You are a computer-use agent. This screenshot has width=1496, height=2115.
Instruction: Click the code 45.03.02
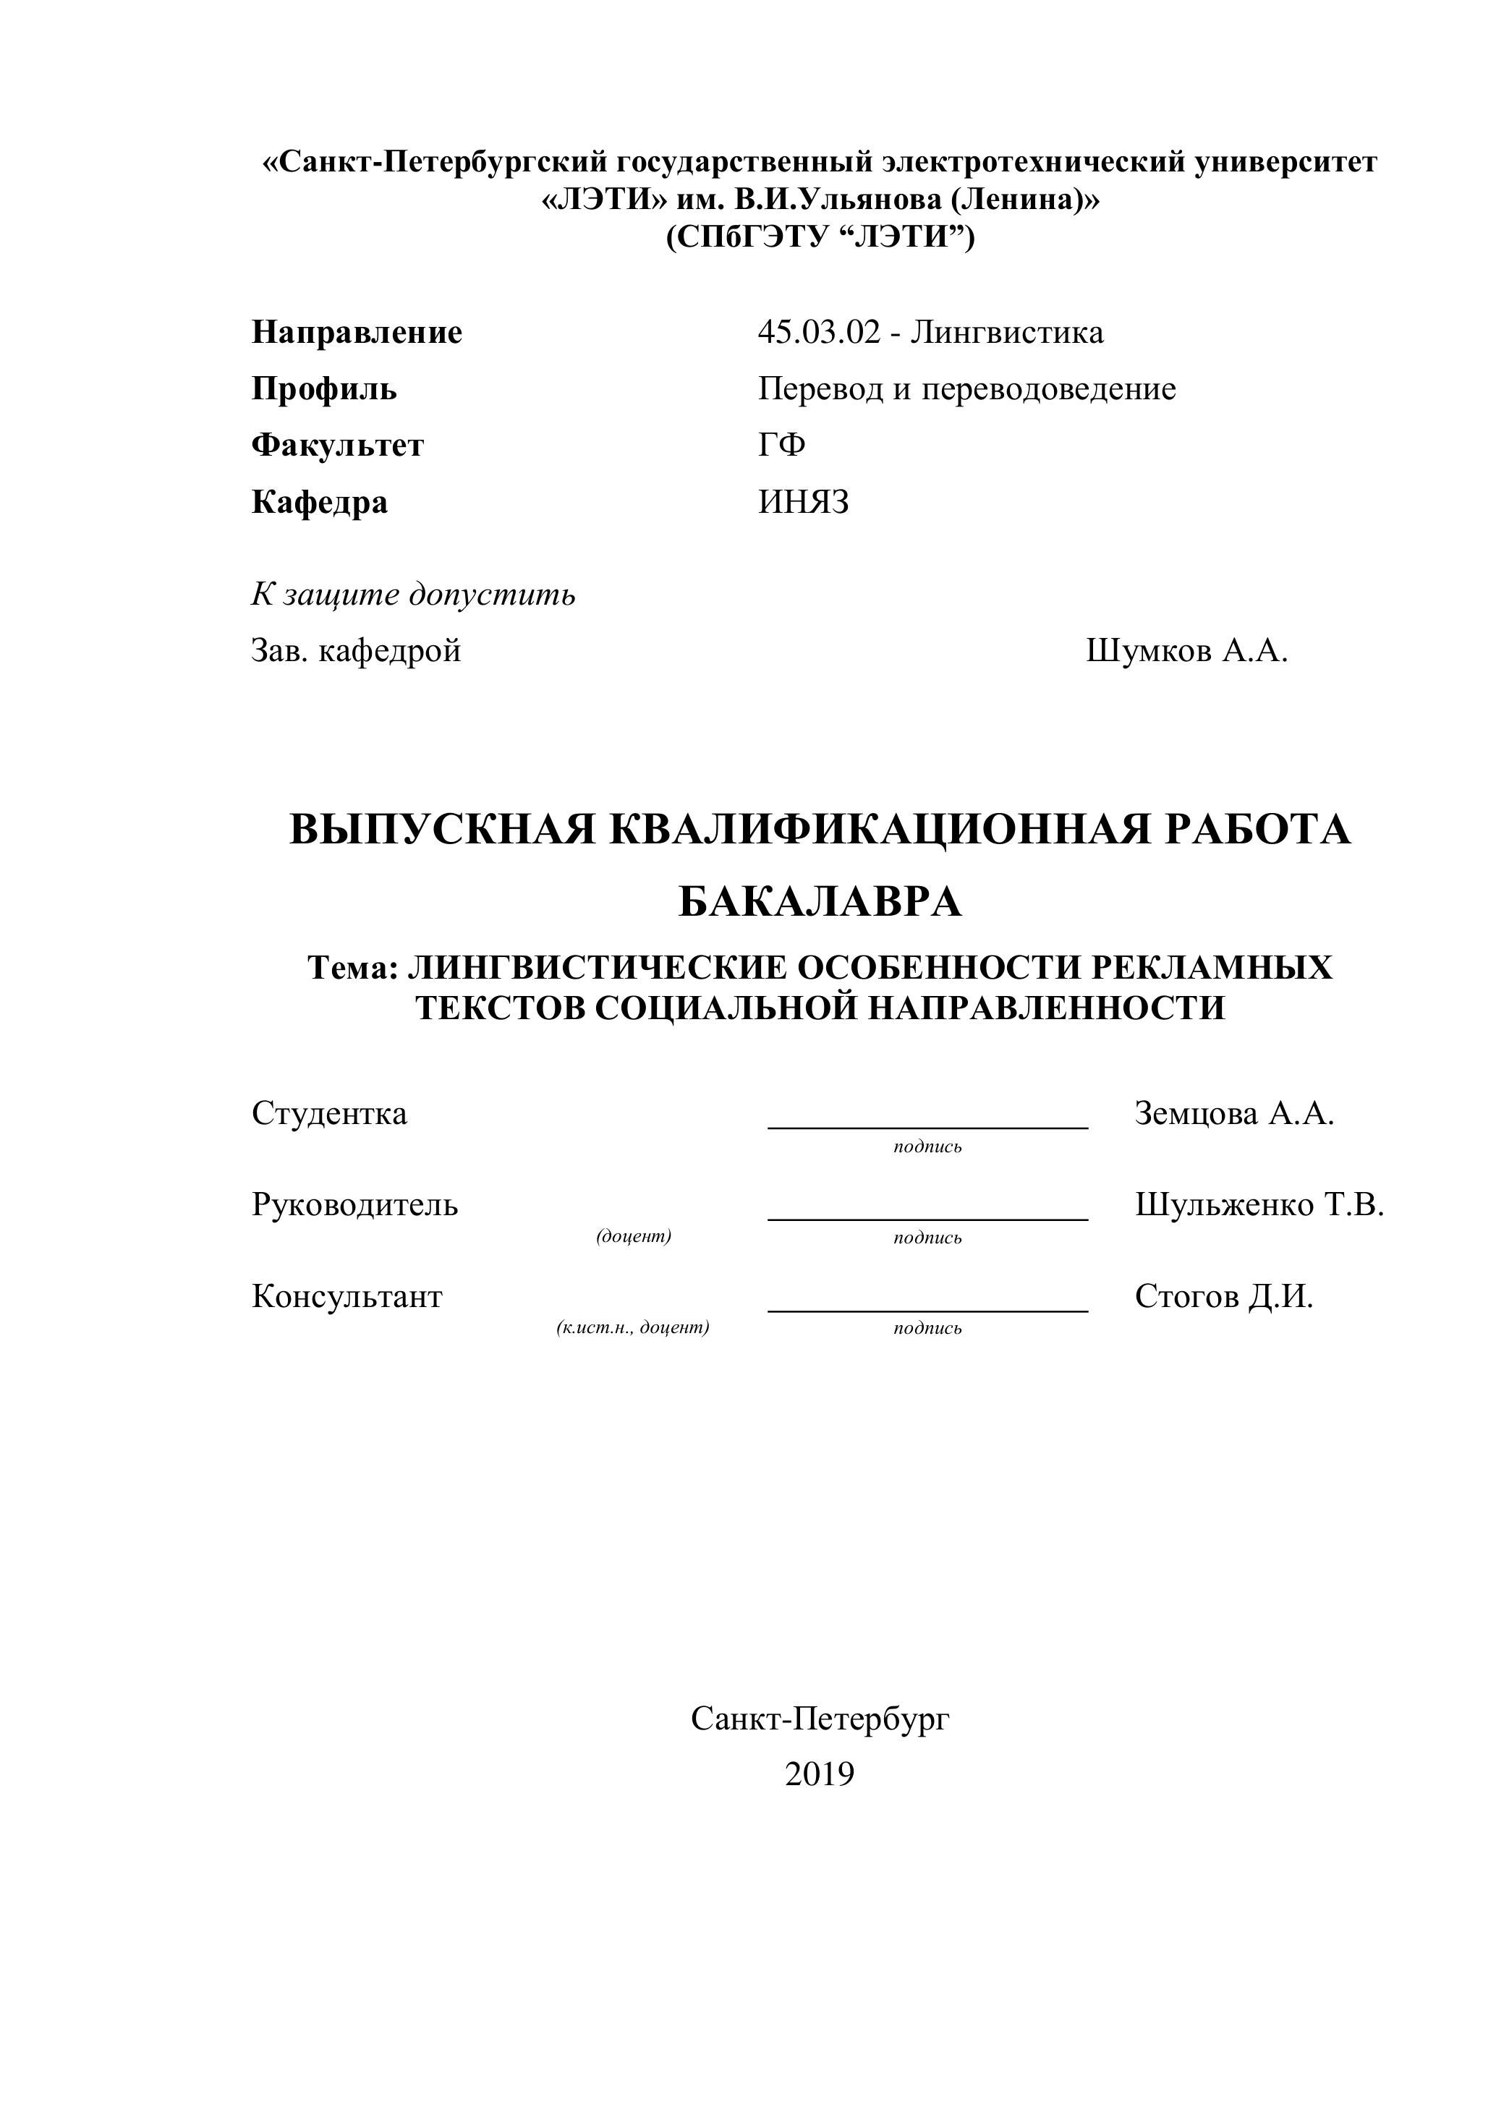point(819,333)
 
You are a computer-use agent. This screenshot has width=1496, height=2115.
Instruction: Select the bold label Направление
point(357,333)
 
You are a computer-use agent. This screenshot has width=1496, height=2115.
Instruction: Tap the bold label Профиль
point(324,390)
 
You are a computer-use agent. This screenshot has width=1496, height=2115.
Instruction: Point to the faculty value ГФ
point(781,446)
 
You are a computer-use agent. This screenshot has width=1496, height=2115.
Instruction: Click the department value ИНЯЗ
point(803,503)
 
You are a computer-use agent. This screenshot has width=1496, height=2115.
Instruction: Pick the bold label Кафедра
point(320,503)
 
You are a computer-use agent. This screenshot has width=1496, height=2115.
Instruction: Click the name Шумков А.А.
point(1186,651)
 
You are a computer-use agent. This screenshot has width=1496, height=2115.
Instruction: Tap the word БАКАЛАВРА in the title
point(820,903)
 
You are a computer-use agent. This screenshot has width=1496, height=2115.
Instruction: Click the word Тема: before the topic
point(353,968)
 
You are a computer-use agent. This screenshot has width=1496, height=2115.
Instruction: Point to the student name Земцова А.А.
point(1234,1114)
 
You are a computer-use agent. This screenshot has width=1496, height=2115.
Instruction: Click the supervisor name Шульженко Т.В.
point(1259,1205)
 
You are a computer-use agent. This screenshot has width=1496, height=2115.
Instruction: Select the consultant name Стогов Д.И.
point(1223,1297)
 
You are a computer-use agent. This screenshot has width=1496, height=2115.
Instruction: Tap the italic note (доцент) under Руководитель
point(634,1236)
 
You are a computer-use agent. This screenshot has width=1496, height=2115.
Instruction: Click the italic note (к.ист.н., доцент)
point(633,1327)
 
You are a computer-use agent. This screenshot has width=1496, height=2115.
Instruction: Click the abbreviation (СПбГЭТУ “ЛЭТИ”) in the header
point(820,238)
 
